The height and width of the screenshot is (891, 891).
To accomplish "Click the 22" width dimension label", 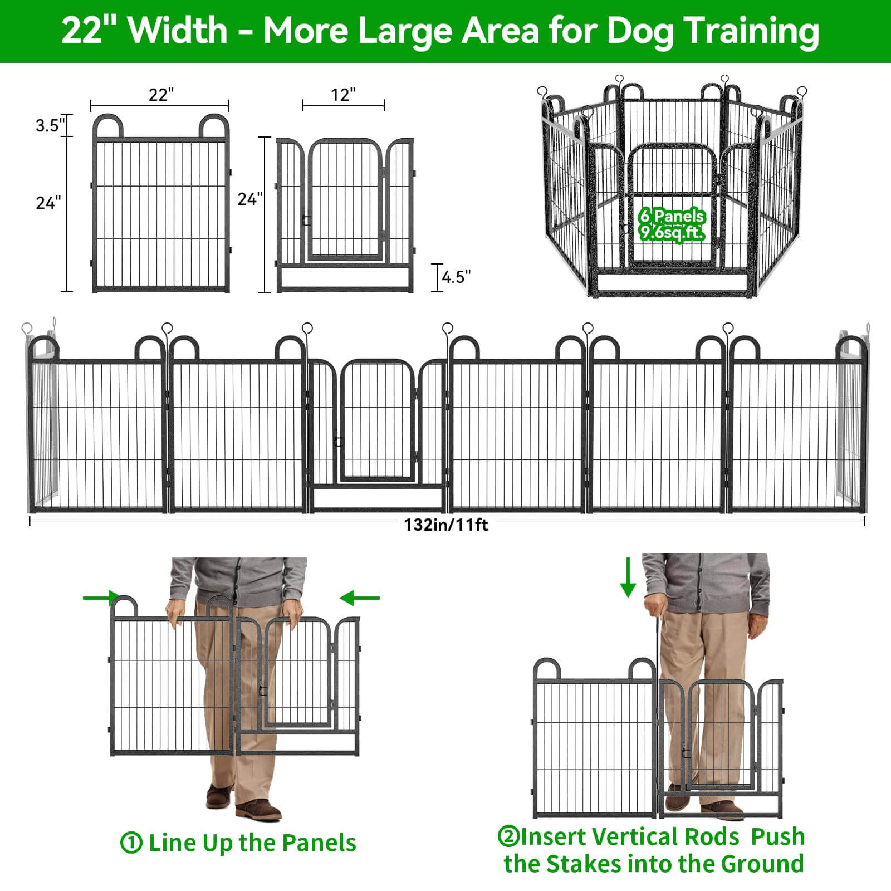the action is tap(161, 95).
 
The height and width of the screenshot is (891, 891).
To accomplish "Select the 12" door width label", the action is tap(343, 95).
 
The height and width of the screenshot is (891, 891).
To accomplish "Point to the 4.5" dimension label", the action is tap(456, 277).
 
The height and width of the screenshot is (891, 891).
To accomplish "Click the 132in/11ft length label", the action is tap(446, 525).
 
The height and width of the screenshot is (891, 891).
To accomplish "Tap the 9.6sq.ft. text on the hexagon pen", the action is tap(672, 233).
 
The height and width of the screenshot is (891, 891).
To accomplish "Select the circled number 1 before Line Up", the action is tap(131, 843).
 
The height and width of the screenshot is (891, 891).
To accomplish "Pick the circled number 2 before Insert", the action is tap(508, 836).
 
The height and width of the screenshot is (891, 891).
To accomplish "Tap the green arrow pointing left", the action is tap(359, 598).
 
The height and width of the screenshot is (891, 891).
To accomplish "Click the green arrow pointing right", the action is tap(101, 598).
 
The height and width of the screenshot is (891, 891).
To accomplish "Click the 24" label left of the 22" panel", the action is tap(48, 203).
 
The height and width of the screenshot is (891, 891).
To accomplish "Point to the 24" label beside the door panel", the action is tap(250, 199).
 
